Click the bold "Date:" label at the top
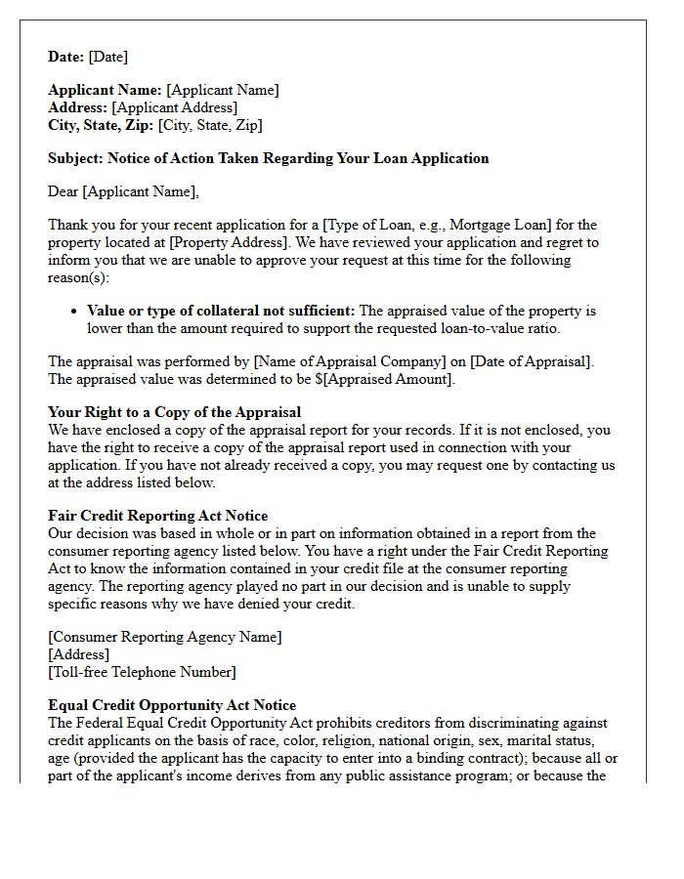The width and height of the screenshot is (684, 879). (66, 58)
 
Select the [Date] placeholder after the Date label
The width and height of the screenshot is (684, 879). (108, 58)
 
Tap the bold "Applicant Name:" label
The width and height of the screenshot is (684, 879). (106, 90)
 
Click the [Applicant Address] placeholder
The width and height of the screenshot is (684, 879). (174, 107)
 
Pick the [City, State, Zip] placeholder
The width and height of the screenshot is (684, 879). (209, 125)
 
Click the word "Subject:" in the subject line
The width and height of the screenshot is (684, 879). (75, 158)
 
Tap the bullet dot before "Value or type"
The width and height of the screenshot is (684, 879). (74, 312)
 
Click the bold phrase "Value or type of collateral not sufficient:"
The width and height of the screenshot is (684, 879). (221, 311)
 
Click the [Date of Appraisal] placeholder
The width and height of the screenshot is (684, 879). (529, 361)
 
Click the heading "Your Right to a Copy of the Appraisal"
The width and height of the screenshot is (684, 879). (174, 412)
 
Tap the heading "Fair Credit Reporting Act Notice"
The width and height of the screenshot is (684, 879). (157, 516)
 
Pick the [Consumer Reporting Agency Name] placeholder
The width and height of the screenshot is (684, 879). (165, 637)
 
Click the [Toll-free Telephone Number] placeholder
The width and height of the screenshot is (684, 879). (142, 672)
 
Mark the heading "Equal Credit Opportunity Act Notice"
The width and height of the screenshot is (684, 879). (172, 705)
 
